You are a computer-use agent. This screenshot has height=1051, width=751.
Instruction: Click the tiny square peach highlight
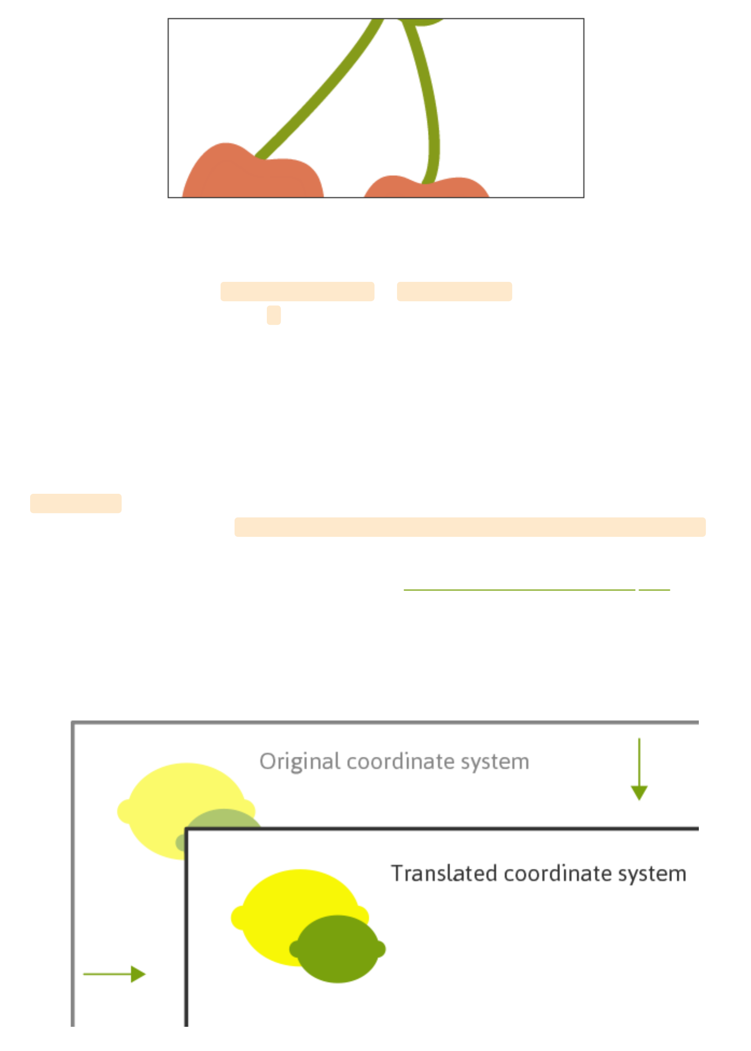[273, 315]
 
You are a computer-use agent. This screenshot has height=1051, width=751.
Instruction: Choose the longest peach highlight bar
[470, 527]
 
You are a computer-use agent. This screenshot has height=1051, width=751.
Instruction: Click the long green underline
[519, 590]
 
